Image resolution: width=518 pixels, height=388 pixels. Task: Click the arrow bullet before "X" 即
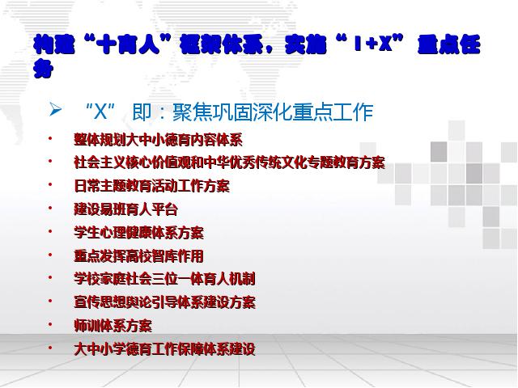pos(55,110)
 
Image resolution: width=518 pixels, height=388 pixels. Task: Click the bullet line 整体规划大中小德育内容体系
pos(159,139)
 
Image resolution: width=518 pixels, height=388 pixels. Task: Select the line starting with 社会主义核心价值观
pos(230,162)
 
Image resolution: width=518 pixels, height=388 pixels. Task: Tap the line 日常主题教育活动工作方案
pos(152,186)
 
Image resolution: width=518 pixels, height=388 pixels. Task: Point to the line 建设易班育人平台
pos(126,209)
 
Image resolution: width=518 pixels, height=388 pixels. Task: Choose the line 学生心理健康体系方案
pos(138,233)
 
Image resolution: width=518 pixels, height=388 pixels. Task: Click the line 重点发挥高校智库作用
pos(138,256)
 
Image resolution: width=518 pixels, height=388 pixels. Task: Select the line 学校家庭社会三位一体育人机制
pos(165,279)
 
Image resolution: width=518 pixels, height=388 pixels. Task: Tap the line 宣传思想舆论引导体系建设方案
pos(165,302)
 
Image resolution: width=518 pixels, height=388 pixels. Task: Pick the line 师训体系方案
pos(113,326)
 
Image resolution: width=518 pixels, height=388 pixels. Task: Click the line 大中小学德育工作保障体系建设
pos(165,349)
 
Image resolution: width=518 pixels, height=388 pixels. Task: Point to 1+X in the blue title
pos(373,44)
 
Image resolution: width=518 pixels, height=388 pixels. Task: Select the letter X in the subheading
pos(100,112)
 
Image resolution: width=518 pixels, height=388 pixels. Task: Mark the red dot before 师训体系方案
pos(50,325)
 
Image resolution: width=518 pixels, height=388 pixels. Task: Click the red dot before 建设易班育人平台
pos(50,209)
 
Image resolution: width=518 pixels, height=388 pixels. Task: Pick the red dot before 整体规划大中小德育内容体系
pos(50,138)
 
